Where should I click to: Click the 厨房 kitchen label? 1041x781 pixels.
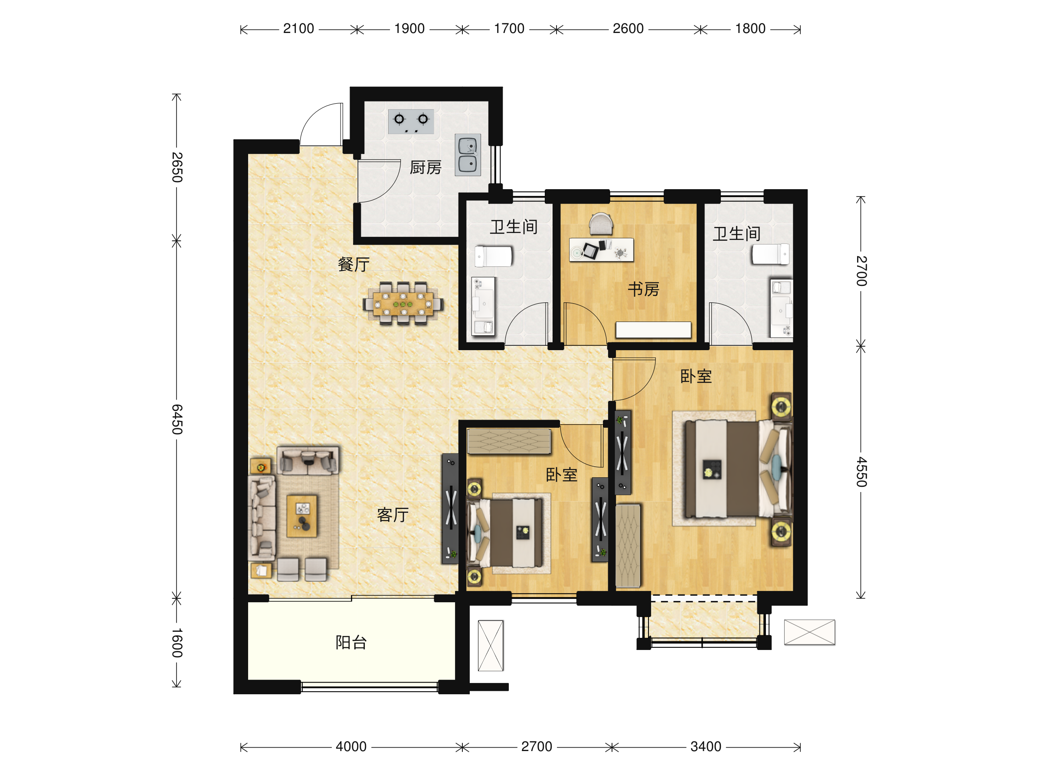pos(426,167)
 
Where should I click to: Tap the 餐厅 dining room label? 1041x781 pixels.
pos(354,265)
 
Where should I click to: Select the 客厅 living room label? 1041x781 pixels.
pos(393,515)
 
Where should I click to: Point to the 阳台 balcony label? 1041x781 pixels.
pos(351,643)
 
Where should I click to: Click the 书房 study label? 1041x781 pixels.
pos(643,289)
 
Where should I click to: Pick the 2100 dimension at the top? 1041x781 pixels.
pos(298,29)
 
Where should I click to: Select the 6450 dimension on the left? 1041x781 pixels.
pos(177,419)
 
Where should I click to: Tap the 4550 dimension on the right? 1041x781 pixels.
pos(861,472)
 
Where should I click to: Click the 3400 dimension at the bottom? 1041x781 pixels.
pos(705,747)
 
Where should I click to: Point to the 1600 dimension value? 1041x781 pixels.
pos(177,643)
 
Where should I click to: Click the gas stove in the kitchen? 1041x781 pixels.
pos(411,121)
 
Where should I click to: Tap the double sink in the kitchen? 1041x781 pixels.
pos(468,155)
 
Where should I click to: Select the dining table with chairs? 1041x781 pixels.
pos(403,304)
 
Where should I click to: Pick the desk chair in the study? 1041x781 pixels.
pos(601,223)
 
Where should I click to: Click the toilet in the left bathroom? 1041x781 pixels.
pos(493,256)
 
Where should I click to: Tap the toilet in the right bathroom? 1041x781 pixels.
pos(770,254)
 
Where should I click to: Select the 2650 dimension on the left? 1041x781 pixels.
pos(177,167)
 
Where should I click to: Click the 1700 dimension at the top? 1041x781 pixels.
pos(509,29)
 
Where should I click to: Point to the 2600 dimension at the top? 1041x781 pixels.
pos(628,29)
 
